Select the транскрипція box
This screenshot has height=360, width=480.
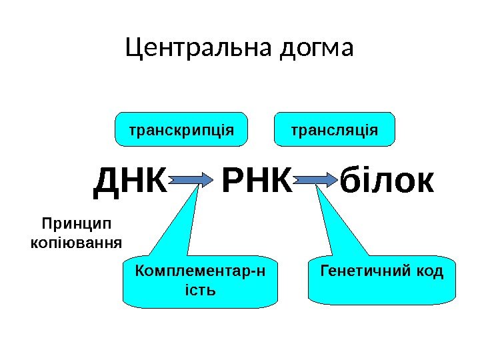[181, 129]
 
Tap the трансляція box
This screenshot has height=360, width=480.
[335, 129]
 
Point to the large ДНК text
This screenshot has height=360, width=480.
[131, 181]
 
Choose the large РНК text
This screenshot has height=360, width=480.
[256, 181]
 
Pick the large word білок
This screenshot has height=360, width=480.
[387, 181]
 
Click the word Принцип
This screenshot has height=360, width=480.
[77, 223]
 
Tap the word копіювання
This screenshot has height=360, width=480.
[77, 241]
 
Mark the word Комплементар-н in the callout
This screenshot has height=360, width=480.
[199, 271]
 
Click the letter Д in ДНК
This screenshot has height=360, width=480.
[108, 181]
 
